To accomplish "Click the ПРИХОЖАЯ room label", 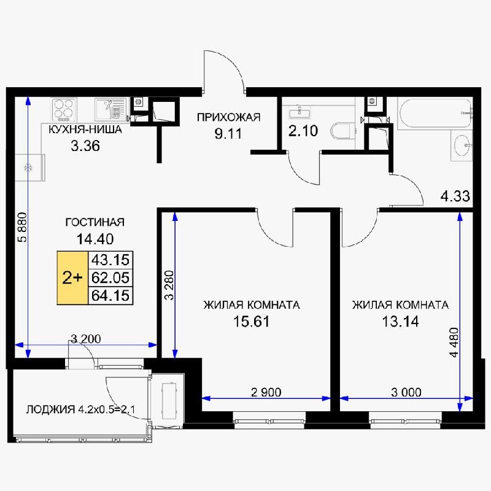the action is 228,117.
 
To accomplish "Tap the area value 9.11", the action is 228,134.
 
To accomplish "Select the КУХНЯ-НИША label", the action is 85,130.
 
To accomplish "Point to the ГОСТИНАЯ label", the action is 95,222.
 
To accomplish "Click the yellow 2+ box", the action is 72,278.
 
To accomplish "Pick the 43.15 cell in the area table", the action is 110,260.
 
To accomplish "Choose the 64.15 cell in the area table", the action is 110,295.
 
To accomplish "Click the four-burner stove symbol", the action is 64,110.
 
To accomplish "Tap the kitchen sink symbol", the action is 110,109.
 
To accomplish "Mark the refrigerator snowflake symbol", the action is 29,168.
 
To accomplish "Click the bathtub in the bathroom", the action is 435,113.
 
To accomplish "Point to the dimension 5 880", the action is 23,227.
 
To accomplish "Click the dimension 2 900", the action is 266,392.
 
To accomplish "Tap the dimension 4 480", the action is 454,342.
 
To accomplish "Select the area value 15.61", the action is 252,322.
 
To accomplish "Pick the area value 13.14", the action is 401,322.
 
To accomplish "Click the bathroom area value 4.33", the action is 455,196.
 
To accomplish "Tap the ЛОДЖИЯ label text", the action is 51,409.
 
